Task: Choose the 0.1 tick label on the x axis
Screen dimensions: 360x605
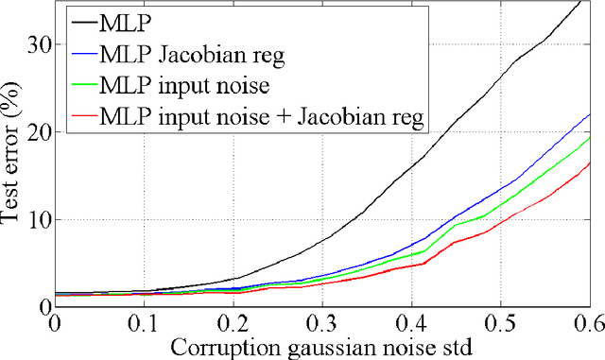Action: pyautogui.click(x=143, y=323)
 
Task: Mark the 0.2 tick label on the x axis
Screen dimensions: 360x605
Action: pyautogui.click(x=233, y=323)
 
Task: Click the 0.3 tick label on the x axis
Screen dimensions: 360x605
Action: pyautogui.click(x=321, y=323)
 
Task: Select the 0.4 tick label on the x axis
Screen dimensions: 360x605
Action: pyautogui.click(x=410, y=323)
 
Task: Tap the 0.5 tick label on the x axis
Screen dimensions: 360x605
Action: pyautogui.click(x=500, y=323)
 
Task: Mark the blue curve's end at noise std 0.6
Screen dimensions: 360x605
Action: pyautogui.click(x=589, y=114)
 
